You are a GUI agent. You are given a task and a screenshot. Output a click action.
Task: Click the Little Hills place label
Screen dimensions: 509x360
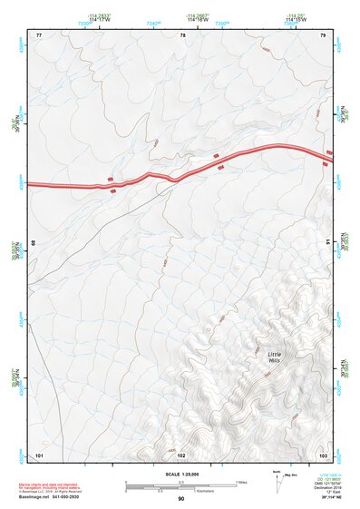pos(275,357)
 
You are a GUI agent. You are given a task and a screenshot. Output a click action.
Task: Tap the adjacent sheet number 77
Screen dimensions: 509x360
pos(39,34)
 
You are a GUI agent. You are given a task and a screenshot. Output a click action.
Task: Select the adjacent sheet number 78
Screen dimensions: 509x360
pos(183,34)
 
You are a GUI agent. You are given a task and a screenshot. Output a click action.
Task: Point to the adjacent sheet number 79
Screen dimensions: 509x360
pos(323,34)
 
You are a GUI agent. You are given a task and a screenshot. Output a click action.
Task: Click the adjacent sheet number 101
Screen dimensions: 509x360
pos(39,453)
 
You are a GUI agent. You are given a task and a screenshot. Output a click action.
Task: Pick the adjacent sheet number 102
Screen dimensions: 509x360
pos(180,453)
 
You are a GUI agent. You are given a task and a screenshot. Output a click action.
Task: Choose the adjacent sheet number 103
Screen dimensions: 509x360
pos(323,453)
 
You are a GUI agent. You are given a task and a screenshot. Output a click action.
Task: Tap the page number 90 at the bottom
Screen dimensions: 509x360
pos(180,498)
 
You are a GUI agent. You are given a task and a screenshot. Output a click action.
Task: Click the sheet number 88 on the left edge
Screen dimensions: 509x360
pos(34,243)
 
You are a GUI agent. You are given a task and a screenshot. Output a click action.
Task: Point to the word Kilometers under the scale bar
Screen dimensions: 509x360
pos(218,489)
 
